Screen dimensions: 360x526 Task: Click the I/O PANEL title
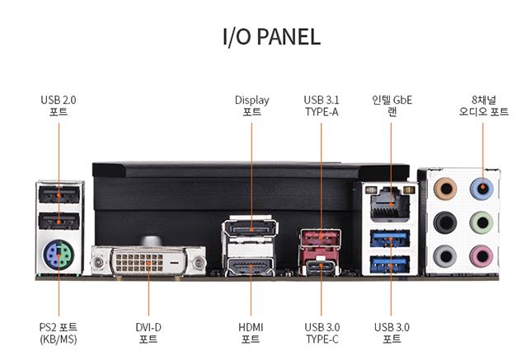click(271, 37)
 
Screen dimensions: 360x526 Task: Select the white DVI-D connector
click(148, 262)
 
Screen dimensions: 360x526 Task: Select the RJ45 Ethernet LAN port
click(388, 203)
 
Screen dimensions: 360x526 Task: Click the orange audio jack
click(446, 188)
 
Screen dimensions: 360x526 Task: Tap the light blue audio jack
click(482, 188)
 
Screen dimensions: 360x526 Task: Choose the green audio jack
click(482, 222)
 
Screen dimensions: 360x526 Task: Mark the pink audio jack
click(482, 255)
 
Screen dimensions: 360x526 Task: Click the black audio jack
click(446, 222)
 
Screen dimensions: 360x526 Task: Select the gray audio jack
click(446, 255)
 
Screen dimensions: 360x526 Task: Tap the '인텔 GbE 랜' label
click(392, 105)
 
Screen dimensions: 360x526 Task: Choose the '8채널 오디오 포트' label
click(483, 105)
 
